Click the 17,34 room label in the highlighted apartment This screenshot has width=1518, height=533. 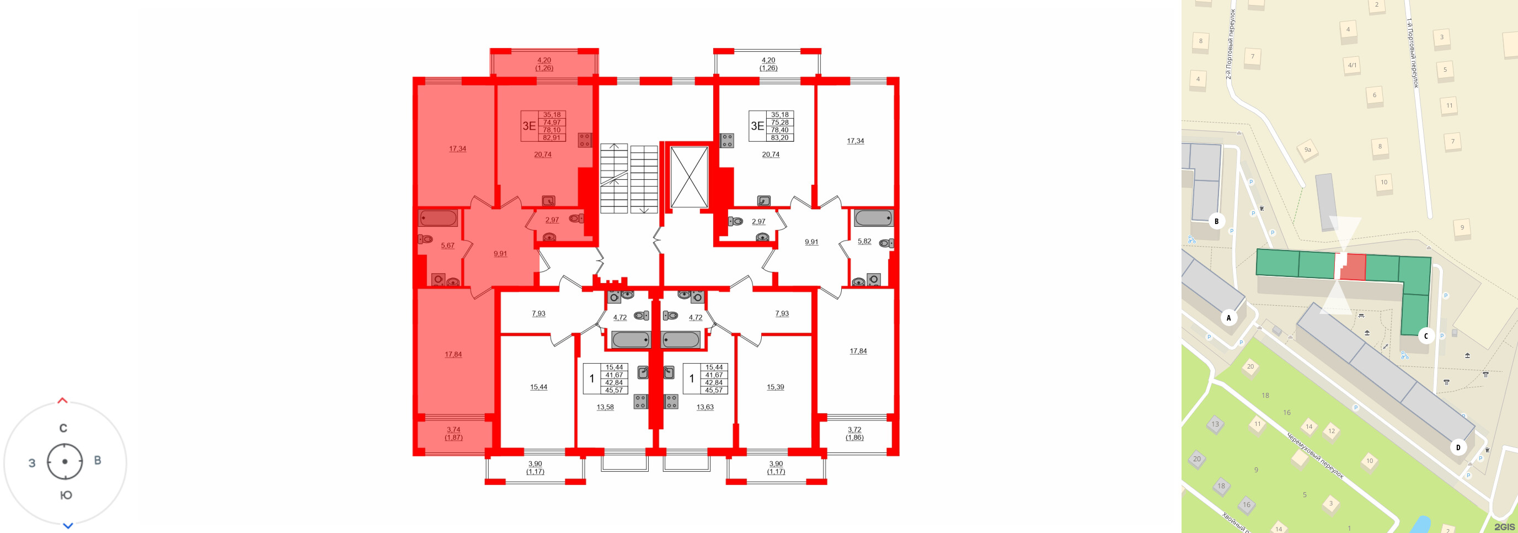(457, 148)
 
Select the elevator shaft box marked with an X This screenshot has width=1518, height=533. (689, 177)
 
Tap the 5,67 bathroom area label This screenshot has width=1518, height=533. (447, 246)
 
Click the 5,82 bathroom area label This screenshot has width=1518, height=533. (864, 241)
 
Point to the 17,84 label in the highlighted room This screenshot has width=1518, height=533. (453, 354)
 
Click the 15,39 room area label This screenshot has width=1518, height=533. (775, 387)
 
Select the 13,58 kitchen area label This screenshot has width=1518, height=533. (605, 407)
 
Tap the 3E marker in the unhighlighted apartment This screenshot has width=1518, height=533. (757, 126)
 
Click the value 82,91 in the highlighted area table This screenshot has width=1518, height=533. (552, 137)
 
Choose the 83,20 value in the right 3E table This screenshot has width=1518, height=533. (779, 137)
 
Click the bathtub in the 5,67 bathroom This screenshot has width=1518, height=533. (438, 218)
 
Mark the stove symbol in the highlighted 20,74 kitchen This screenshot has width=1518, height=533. (585, 140)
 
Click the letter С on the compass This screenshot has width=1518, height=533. (63, 428)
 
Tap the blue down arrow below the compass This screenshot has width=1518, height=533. (68, 525)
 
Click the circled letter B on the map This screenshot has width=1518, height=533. (1216, 221)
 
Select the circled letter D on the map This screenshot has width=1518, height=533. (1458, 447)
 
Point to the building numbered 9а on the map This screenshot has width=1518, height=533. (1307, 150)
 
